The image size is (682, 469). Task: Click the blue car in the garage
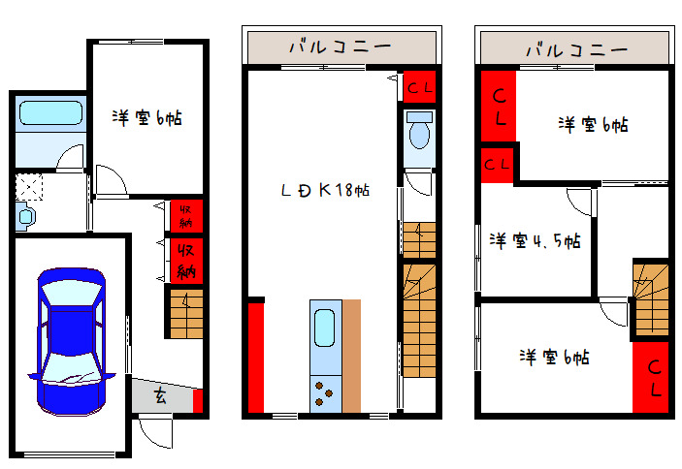pos(70,339)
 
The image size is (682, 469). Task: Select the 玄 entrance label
pos(159,395)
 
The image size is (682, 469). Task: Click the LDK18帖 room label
pos(324,190)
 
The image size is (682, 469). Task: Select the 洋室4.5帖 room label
pos(535,239)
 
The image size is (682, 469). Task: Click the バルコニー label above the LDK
pos(340,47)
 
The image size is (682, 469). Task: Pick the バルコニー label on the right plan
pos(575,47)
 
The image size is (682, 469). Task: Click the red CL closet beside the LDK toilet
pos(420,87)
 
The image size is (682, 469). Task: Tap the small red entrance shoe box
pos(198,400)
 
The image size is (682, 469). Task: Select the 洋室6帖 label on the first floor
pos(147,118)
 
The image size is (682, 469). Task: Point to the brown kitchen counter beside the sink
pos(351,355)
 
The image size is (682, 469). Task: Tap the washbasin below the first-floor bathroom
pos(25,215)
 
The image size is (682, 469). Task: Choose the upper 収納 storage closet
pos(184,215)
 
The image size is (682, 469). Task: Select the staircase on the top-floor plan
pos(649,295)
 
